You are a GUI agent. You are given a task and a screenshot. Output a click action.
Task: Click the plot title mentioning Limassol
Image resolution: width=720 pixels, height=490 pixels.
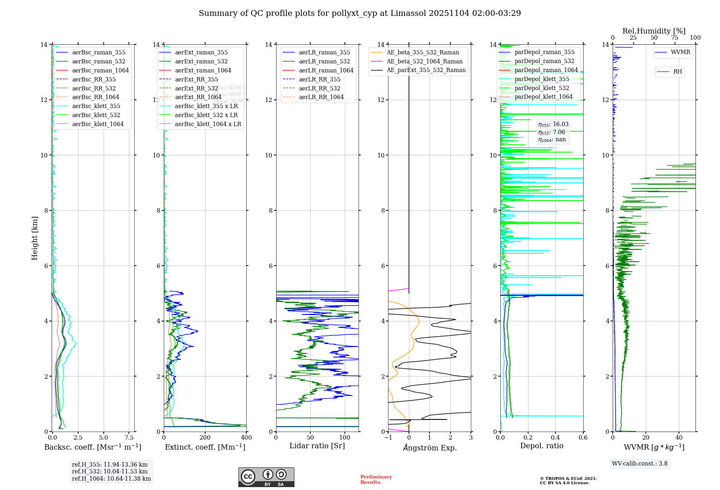[360, 13]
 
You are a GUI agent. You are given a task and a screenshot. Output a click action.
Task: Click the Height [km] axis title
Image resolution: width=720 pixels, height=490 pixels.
[35, 238]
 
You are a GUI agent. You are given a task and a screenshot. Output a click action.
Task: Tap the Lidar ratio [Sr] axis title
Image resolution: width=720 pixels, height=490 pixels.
[317, 446]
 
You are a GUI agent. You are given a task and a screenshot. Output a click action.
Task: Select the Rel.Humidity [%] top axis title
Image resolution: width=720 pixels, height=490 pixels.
[654, 31]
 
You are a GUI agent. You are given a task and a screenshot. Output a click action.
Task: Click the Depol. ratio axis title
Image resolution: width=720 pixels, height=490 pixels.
[541, 446]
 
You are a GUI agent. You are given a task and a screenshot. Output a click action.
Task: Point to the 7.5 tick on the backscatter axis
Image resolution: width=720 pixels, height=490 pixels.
[129, 438]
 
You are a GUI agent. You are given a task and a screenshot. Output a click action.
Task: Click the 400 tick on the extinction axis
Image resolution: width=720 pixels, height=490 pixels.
[246, 438]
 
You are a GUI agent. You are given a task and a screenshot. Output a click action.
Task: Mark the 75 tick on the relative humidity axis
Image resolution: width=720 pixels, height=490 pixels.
[675, 38]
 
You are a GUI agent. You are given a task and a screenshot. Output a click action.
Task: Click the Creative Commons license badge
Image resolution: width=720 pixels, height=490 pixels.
[266, 477]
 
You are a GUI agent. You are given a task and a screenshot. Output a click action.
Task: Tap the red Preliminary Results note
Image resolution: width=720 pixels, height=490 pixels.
[376, 480]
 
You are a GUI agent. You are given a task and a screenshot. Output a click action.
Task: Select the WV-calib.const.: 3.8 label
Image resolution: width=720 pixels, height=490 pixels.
[640, 464]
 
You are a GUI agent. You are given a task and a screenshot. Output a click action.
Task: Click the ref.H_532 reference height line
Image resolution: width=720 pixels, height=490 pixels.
[110, 472]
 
